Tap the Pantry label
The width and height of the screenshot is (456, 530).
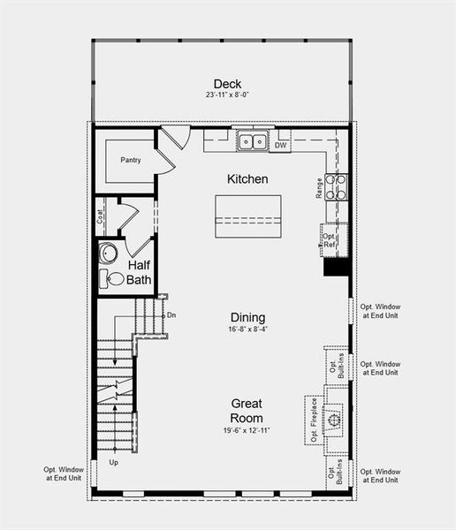(x=130, y=161)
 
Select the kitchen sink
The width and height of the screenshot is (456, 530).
(x=254, y=141)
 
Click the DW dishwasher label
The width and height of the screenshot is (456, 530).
(x=280, y=145)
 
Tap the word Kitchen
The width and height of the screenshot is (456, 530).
(x=247, y=179)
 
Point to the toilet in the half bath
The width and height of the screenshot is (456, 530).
(x=114, y=280)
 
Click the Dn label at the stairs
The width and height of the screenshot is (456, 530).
(x=171, y=314)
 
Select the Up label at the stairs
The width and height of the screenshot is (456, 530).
(x=113, y=463)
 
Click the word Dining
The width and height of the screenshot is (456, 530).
(x=247, y=318)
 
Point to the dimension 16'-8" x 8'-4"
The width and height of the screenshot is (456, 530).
(x=247, y=330)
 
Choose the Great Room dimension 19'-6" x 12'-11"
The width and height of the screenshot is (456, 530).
(x=247, y=431)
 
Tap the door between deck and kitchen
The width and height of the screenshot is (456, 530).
(x=174, y=138)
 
